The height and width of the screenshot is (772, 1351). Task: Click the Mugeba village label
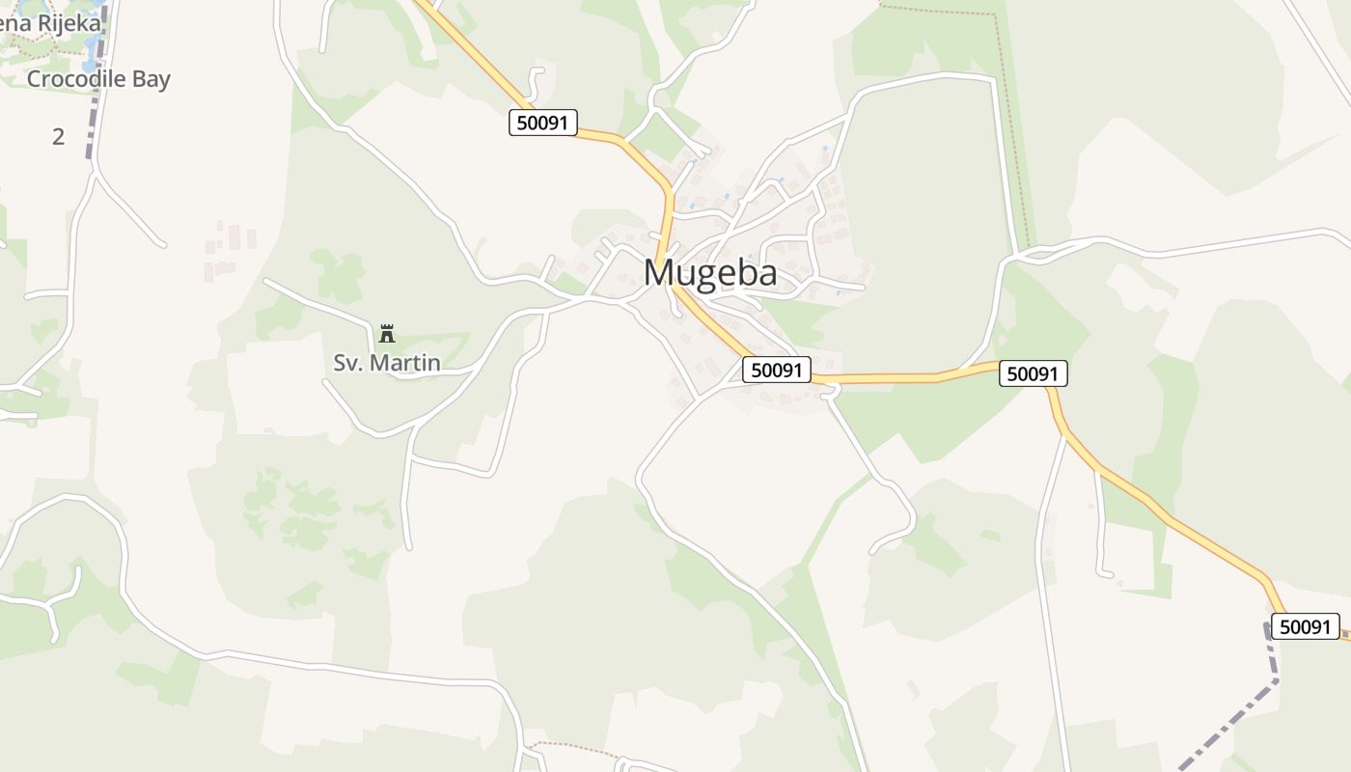710,273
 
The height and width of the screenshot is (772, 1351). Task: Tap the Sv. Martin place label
387,364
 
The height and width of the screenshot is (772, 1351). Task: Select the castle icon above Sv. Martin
388,334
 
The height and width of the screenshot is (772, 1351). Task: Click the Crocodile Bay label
98,79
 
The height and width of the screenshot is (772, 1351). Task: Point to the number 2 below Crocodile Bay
58,137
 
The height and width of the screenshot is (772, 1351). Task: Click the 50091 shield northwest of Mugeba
543,123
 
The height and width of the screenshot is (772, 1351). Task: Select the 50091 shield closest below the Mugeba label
777,370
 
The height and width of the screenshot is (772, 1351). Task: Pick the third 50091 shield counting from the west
1033,373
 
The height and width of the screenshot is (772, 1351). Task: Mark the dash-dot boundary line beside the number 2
93,135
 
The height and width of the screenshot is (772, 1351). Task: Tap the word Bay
151,79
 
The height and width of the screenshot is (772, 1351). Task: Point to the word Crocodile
76,79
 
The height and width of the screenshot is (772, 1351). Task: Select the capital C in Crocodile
34,79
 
